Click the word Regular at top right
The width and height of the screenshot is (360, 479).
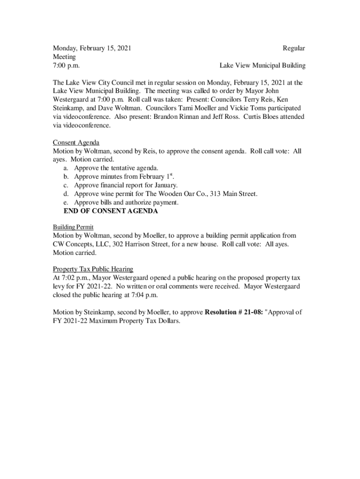(294, 48)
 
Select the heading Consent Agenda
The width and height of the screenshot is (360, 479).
(76, 142)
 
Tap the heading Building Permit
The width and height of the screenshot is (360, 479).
(73, 227)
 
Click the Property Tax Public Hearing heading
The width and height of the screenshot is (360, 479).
(93, 269)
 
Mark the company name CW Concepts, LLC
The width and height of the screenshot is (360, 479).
(80, 244)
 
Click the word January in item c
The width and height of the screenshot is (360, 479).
(165, 185)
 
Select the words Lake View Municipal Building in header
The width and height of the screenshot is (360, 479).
(262, 65)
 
